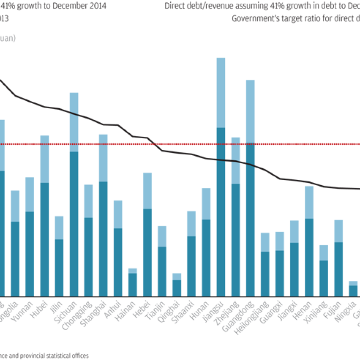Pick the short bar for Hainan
[133, 284]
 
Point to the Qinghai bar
[177, 286]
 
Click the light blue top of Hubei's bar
[45, 159]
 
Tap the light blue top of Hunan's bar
[206, 204]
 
